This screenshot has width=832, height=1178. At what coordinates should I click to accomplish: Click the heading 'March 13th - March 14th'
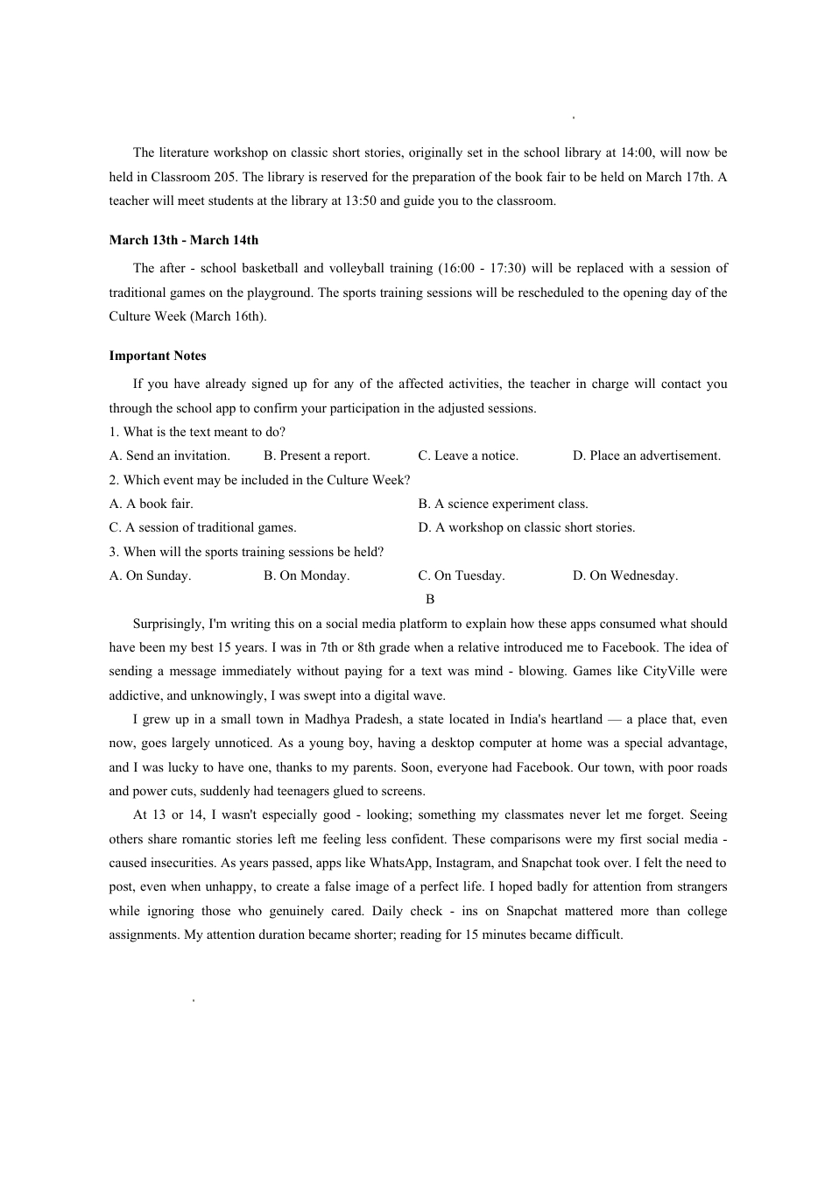pos(183,240)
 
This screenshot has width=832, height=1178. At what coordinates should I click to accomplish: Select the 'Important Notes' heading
pos(158,356)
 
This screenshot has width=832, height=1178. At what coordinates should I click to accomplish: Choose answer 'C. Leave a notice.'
pos(468,455)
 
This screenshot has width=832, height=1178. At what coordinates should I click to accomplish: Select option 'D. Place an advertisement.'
pos(646,455)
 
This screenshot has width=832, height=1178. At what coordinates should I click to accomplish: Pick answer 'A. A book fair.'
pos(151,504)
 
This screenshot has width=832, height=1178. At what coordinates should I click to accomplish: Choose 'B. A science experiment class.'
pos(503,504)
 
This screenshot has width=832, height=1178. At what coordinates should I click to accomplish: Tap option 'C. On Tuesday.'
pos(461,575)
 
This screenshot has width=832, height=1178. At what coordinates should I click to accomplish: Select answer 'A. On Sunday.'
pos(150,575)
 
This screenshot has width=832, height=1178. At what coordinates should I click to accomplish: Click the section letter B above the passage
pos(430,599)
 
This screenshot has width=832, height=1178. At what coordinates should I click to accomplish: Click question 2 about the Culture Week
pos(259,480)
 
